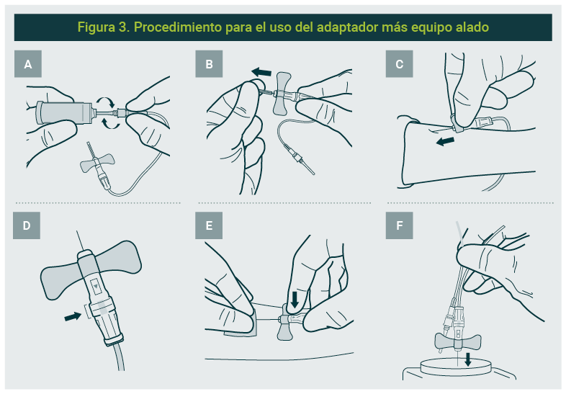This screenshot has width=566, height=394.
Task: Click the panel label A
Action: [x=28, y=64]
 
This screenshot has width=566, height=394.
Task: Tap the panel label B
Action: [x=209, y=64]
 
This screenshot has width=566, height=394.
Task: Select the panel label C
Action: [x=399, y=64]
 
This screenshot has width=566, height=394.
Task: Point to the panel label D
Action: [x=27, y=225]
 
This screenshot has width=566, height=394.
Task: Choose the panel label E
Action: [x=209, y=225]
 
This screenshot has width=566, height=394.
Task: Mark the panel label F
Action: [x=399, y=225]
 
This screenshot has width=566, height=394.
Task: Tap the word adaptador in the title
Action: [x=347, y=27]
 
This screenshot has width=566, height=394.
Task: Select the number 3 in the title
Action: [x=122, y=27]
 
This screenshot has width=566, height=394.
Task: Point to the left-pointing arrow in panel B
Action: [x=261, y=72]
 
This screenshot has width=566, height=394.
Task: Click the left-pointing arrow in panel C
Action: [x=445, y=141]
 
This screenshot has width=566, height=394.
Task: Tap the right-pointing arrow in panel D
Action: [x=73, y=316]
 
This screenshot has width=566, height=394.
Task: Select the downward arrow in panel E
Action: [x=295, y=300]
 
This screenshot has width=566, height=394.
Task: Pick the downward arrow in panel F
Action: [x=468, y=359]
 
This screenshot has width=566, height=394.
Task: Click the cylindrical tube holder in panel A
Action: [x=65, y=112]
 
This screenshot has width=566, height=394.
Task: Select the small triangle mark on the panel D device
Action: [x=96, y=286]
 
